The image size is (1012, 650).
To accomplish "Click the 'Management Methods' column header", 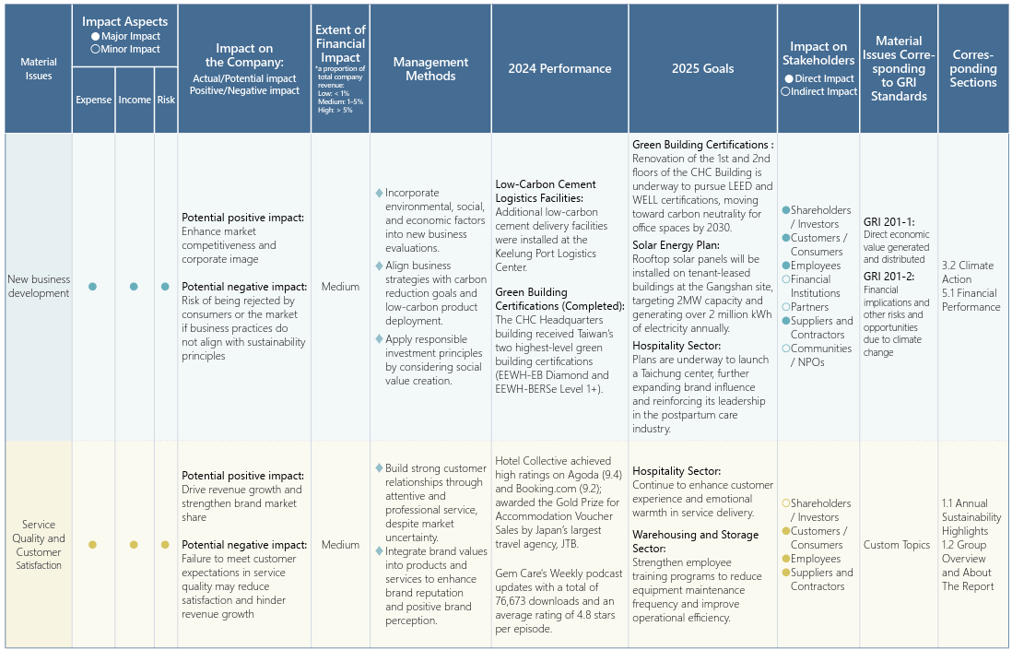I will click(x=430, y=69).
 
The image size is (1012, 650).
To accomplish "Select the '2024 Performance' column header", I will click(x=559, y=69).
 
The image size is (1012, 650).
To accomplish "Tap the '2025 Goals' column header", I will click(x=703, y=69).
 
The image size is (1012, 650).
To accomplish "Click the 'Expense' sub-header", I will click(x=94, y=100).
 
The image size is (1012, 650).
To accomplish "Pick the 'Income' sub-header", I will click(x=135, y=100).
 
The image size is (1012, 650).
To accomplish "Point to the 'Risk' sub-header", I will click(x=166, y=100).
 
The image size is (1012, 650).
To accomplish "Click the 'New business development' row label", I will click(x=38, y=286).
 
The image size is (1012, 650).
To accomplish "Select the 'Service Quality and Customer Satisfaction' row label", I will click(x=38, y=545).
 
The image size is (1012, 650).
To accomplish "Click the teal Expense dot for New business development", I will click(x=92, y=287).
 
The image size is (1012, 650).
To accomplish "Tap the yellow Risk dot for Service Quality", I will click(x=165, y=545).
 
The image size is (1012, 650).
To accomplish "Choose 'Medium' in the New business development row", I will click(x=340, y=287).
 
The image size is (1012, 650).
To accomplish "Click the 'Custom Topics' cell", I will click(x=897, y=545).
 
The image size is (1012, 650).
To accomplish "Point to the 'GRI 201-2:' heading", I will click(x=888, y=276).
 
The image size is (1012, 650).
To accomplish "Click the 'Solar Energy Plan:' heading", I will click(x=676, y=245).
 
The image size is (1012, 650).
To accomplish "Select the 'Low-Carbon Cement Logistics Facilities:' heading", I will click(x=546, y=192).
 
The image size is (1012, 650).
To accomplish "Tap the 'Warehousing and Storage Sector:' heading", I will click(x=696, y=541).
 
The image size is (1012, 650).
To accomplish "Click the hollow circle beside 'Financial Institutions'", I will click(x=785, y=279).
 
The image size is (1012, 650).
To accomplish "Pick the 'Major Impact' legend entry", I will click(x=125, y=36).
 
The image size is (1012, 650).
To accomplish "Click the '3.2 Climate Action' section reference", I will click(x=968, y=272).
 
